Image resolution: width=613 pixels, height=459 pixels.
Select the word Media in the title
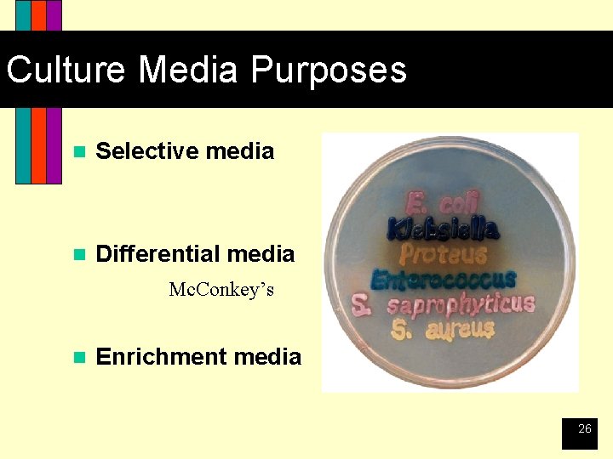pos(193,70)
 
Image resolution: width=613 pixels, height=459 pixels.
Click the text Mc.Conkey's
pos(221,290)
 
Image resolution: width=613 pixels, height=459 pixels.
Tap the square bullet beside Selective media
pos(79,152)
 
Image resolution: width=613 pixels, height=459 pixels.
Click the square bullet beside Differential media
pos(79,254)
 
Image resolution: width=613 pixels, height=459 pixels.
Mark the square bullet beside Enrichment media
pos(79,357)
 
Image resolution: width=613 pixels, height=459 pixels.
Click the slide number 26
pos(584,429)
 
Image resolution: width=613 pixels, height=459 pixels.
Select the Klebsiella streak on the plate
pos(443,229)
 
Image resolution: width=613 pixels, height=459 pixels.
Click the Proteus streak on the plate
pos(444,253)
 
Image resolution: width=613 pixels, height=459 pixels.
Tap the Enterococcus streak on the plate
pos(444,279)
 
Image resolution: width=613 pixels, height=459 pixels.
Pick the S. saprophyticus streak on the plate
pos(444,305)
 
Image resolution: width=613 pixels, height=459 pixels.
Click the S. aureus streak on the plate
pos(444,329)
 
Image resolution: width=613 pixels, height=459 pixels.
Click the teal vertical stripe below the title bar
pos(23,144)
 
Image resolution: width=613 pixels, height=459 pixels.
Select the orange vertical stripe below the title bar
pos(38,144)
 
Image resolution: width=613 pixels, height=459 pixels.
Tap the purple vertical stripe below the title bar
pos(54,144)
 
